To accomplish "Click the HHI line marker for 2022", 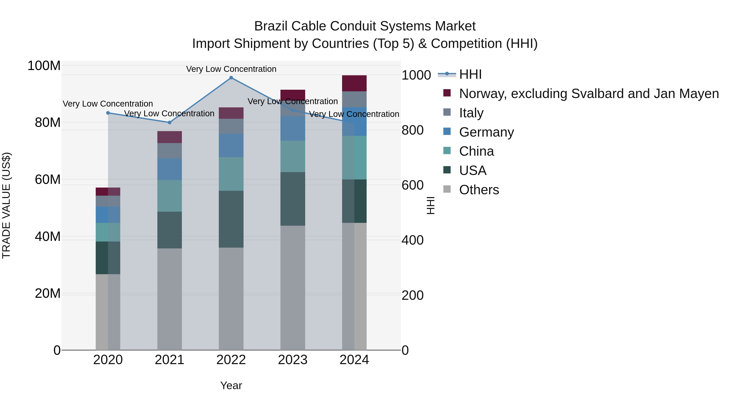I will coord(231,78).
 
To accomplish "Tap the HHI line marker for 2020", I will coord(108,113).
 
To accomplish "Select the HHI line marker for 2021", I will coord(170,123).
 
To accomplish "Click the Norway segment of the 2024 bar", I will coord(354,83).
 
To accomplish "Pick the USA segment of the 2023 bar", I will coord(293,199).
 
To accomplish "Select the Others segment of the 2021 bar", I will coord(170,299).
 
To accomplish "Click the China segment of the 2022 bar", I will coord(231,174).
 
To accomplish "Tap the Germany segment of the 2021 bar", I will coord(170,169).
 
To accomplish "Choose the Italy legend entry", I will coord(471,113).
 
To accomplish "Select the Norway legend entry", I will coord(589,94).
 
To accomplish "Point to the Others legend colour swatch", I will coord(447,189).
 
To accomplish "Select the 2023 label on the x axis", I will coord(293,360).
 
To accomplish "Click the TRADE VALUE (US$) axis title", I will coord(6,205).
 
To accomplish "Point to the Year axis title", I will coord(231,385).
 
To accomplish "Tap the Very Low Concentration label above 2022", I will coord(231,69).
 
